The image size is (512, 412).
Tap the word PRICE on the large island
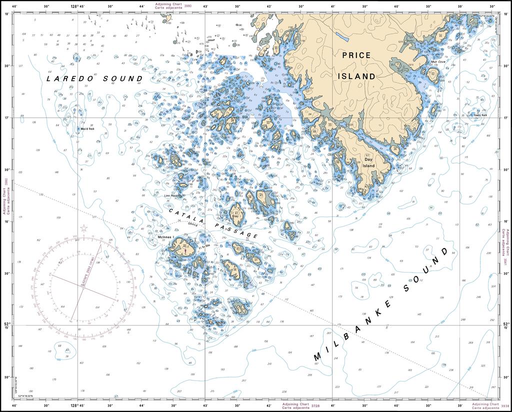(x=356, y=55)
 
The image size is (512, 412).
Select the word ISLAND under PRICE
(x=357, y=76)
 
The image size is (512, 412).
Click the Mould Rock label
(x=87, y=128)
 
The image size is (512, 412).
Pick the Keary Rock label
(x=481, y=115)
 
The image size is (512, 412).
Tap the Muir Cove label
(x=438, y=62)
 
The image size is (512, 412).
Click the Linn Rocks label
(x=172, y=195)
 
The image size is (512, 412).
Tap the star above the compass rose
(x=84, y=228)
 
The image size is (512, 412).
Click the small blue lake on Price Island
(x=342, y=36)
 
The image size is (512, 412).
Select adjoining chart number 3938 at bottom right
(x=504, y=406)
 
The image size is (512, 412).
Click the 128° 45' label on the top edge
(x=77, y=6)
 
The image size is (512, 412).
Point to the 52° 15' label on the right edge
(x=505, y=325)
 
